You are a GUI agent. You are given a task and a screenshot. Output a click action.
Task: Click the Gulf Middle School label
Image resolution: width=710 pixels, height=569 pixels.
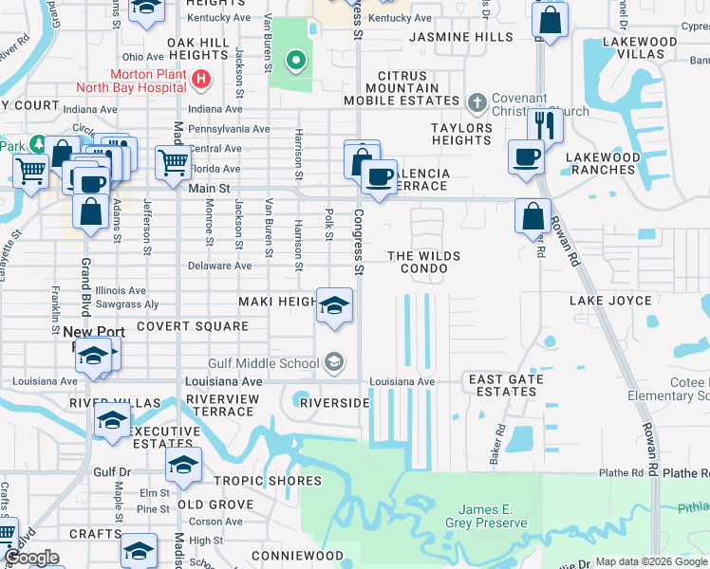(264, 363)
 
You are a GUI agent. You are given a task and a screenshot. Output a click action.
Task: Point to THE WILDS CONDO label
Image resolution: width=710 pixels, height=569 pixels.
(424, 263)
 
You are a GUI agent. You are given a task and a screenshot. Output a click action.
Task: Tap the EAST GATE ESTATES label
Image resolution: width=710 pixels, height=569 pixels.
(506, 385)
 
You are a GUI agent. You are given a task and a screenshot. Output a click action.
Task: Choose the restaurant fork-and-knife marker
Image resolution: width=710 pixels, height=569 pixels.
(545, 124)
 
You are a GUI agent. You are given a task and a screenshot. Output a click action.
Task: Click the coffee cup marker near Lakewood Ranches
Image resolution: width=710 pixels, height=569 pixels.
(524, 156)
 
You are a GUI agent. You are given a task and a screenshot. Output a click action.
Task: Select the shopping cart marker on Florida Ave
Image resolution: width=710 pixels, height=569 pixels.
(172, 161)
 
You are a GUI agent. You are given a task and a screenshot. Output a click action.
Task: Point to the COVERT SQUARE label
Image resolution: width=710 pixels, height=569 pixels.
(192, 325)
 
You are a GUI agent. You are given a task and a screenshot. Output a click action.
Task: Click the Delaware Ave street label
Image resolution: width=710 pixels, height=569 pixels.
(218, 266)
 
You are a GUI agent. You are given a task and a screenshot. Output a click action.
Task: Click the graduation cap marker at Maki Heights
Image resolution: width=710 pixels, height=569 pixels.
(334, 305)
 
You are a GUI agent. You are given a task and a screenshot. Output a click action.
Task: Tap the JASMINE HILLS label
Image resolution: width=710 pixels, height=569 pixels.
(460, 37)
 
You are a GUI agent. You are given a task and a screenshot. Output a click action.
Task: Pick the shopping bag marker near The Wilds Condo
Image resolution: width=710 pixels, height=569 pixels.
(532, 214)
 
